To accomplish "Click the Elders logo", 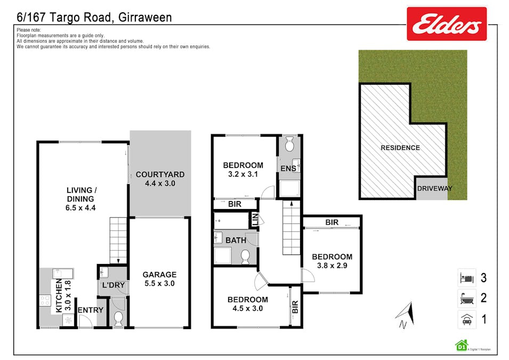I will coord(447,24).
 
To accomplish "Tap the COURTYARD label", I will coord(160,179).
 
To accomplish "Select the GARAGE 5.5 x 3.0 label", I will coord(159,279).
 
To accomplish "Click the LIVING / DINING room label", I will coord(81,199).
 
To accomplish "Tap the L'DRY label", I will coord(113,285).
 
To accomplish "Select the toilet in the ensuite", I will coord(289,144).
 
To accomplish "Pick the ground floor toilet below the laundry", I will coord(118,318).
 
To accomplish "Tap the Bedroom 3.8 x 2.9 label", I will coord(332,261).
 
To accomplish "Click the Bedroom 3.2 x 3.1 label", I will coord(243,169).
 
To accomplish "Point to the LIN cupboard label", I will coord(255,219).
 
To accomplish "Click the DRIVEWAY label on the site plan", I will coord(435,188).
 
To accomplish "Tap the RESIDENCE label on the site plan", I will coord(400,148).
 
